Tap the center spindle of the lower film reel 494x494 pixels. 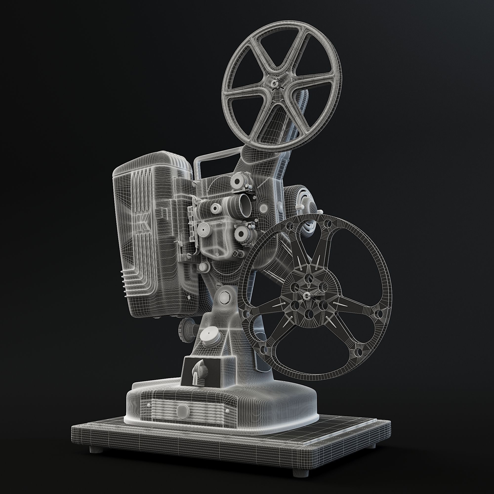pyautogui.click(x=307, y=296)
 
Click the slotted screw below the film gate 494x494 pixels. pyautogui.click(x=203, y=268)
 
